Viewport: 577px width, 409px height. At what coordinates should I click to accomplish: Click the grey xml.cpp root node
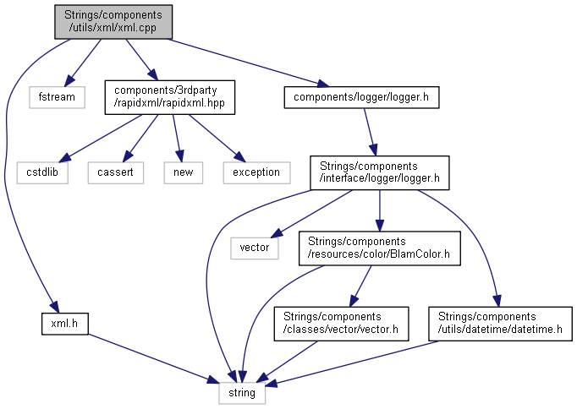click(113, 22)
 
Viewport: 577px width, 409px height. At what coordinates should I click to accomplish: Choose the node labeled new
click(182, 172)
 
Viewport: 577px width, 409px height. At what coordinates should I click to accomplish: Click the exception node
click(256, 172)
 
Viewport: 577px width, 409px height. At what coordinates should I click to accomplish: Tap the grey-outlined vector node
click(254, 247)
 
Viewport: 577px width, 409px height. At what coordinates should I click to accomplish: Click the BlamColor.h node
click(379, 247)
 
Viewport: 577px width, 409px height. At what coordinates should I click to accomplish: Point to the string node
click(244, 393)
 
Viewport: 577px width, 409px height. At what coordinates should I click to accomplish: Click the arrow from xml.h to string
click(152, 359)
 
